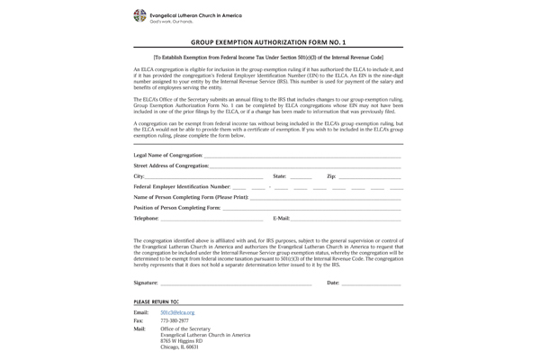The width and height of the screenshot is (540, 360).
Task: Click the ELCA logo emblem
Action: coord(139,16)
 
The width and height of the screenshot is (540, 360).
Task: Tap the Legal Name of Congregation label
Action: coord(168,156)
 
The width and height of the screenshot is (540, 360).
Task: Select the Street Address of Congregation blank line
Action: coord(305,166)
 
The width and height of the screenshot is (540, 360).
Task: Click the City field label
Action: coord(139,176)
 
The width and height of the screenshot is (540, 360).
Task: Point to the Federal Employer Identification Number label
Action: coord(182,186)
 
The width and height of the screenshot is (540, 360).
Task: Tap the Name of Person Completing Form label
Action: coord(190,197)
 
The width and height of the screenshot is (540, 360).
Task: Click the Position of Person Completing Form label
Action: coord(177,208)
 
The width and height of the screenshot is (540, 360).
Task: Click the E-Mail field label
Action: coord(281,219)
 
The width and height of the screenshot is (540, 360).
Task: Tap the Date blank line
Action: coord(371,284)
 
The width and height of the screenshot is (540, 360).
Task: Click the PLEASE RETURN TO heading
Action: coord(156,301)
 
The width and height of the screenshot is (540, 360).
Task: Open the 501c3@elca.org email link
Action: coord(177,312)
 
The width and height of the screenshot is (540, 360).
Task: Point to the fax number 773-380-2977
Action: coord(175,320)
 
